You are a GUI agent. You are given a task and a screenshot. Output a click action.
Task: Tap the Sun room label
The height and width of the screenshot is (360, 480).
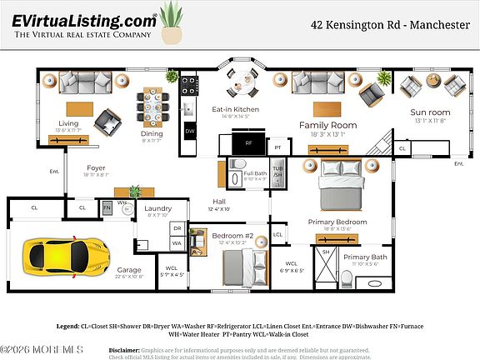coord(429,112)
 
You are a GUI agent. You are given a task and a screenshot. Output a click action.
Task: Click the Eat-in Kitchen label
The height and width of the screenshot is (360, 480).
coord(235,109)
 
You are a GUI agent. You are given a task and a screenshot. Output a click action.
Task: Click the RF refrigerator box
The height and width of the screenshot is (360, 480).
coord(248,143)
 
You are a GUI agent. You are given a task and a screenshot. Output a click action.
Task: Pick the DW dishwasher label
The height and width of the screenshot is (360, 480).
coord(189,131)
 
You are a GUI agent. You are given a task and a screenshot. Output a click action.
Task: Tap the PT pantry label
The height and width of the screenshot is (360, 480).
coord(277,147)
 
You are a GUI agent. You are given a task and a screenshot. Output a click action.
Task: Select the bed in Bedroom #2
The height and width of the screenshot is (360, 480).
coord(242,267)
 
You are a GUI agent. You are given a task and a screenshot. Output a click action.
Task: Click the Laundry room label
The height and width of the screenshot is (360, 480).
coord(157,208)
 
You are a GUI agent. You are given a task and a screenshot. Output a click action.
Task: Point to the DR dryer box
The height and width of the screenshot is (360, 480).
coord(177,227)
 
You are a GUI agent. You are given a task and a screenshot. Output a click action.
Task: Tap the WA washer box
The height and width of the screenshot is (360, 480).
coord(177,242)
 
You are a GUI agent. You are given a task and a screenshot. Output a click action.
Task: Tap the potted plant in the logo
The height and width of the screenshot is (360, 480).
coord(172,23)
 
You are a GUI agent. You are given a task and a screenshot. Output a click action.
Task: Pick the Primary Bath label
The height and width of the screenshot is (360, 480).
coord(365,257)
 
